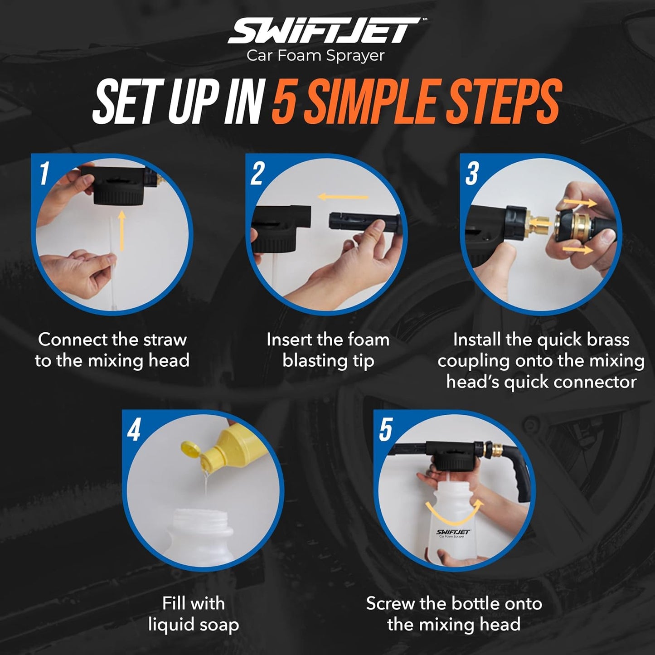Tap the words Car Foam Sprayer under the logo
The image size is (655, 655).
315,56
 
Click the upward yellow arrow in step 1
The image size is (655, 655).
121,231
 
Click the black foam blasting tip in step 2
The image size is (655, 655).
363,223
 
